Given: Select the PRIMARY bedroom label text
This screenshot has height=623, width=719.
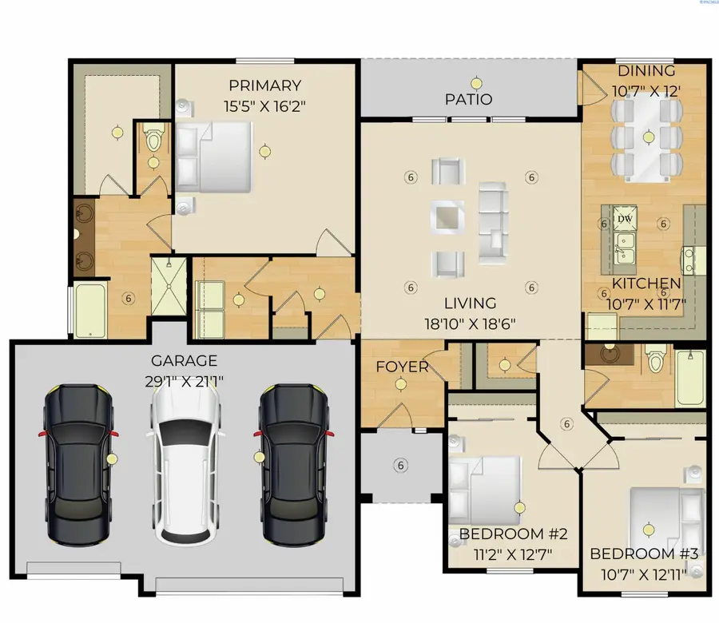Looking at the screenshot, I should (264, 85).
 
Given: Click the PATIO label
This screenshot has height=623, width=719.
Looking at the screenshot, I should (469, 100).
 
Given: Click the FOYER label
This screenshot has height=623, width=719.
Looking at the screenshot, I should (403, 367).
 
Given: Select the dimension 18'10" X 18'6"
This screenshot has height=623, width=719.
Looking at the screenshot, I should (471, 323).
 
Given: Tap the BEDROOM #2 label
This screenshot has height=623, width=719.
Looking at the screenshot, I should (514, 534).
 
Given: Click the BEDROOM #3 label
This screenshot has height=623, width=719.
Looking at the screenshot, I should (644, 554).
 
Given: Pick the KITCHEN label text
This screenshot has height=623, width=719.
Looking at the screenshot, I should (646, 284).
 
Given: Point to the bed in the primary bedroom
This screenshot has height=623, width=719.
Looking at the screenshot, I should (214, 156).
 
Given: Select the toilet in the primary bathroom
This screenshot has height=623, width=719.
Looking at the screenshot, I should (154, 139).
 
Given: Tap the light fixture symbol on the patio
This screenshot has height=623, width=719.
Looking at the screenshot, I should (477, 81).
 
